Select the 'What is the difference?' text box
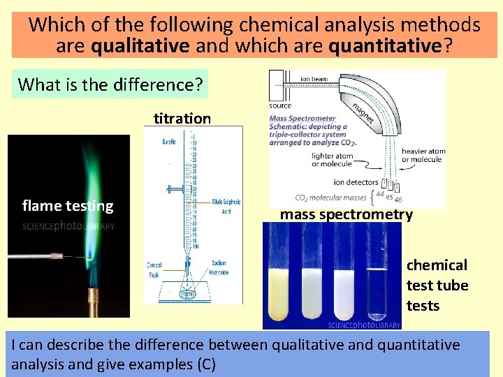coord(110,85)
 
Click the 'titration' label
coord(182,118)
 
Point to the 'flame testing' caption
coord(68,205)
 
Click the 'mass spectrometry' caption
coord(347,214)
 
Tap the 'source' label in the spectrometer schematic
coord(280,105)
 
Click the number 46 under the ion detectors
coord(398,199)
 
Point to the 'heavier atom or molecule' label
coord(423,155)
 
